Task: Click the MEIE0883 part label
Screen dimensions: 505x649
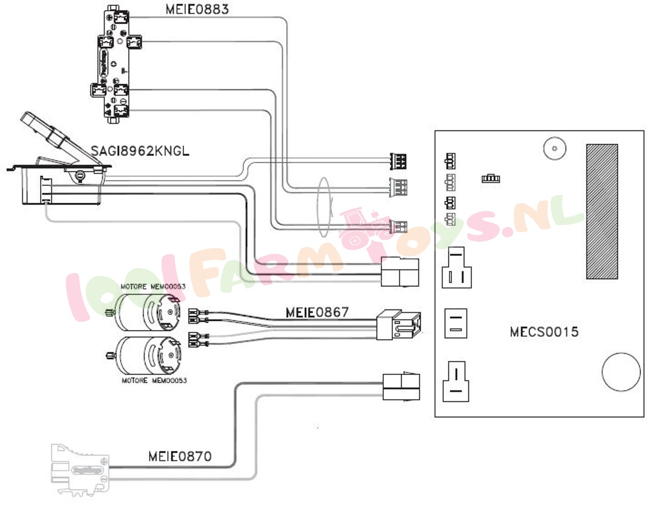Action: tap(197, 9)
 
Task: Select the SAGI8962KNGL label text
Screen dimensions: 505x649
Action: tap(140, 151)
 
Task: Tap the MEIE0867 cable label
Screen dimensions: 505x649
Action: tap(317, 312)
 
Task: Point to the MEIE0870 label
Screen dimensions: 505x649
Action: tap(180, 456)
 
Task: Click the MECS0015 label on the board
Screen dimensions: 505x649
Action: tap(544, 332)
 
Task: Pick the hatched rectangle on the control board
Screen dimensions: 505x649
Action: tap(602, 211)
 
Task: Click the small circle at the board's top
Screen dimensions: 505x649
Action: tap(554, 149)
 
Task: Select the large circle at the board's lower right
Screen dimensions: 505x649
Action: tap(621, 372)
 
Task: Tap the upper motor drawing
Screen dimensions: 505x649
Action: tap(148, 312)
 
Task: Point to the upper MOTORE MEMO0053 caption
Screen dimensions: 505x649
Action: tap(153, 286)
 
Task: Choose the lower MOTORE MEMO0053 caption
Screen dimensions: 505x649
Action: tap(154, 381)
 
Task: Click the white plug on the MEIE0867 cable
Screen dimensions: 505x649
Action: tap(399, 324)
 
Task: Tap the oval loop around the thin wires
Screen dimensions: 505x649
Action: tap(324, 207)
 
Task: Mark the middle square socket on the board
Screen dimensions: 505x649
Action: tap(456, 323)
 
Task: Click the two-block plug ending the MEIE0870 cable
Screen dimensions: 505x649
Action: tap(401, 387)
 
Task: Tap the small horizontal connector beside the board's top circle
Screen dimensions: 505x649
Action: tap(490, 179)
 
